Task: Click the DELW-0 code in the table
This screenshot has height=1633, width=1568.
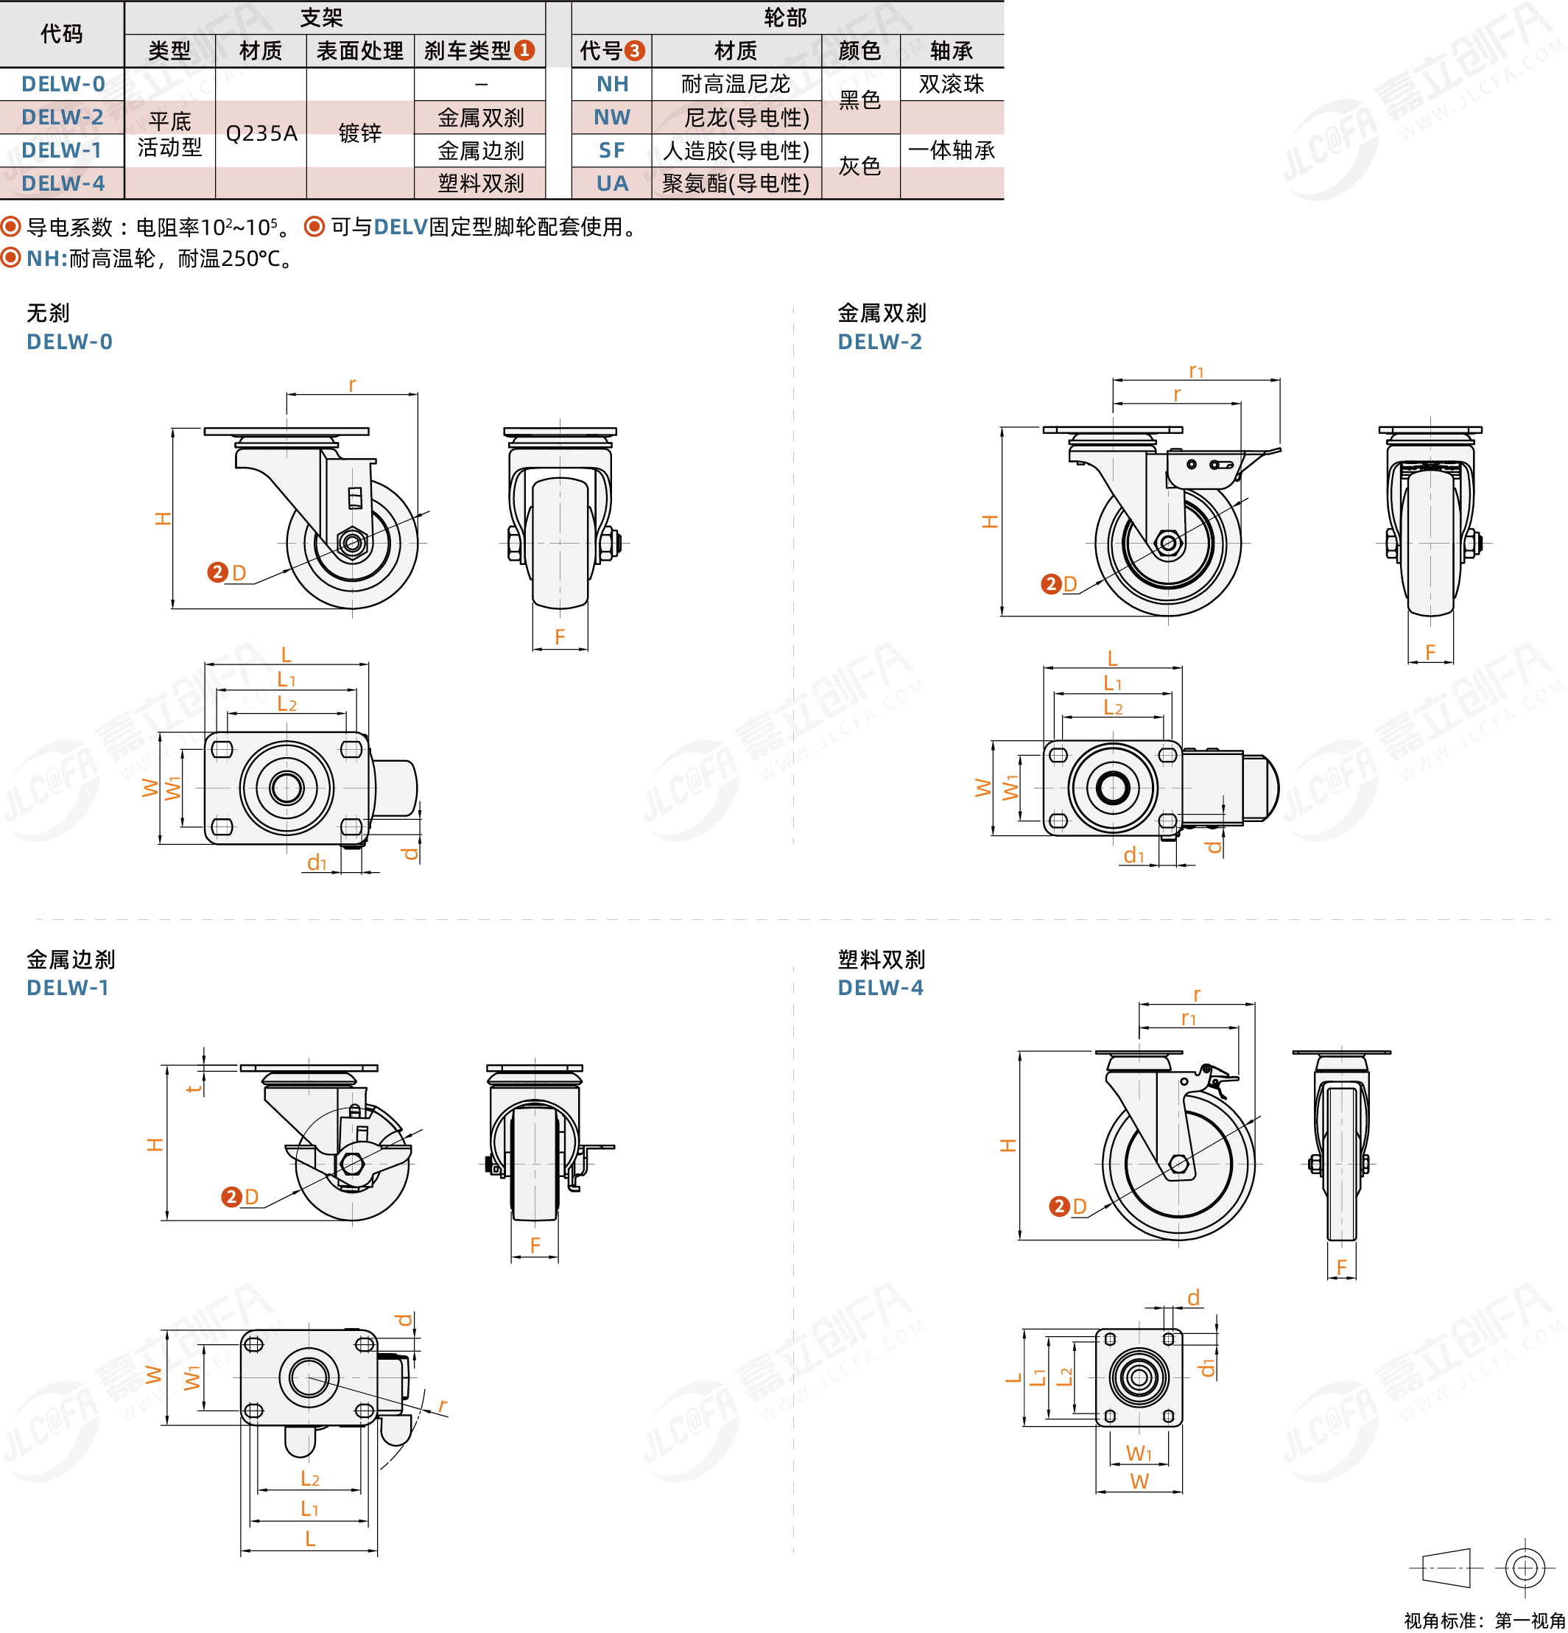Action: (x=63, y=84)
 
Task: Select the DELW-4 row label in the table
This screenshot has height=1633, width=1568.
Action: (x=63, y=183)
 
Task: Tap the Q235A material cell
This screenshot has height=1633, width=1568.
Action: (x=261, y=133)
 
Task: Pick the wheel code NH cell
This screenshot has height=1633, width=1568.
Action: (x=612, y=84)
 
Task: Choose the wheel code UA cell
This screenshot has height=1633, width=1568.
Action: (x=612, y=183)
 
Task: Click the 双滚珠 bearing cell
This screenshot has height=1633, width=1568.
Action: (x=952, y=84)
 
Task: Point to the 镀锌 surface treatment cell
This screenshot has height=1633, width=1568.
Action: (x=360, y=133)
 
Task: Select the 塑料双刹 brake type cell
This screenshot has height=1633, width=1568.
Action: (x=481, y=183)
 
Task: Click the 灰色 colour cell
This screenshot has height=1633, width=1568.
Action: (x=859, y=166)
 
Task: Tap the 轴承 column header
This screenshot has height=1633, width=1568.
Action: (x=952, y=51)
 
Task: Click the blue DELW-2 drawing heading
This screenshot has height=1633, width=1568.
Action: (x=880, y=342)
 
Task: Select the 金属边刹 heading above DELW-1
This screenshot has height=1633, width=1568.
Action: (x=71, y=960)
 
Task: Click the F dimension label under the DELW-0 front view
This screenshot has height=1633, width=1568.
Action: (x=560, y=637)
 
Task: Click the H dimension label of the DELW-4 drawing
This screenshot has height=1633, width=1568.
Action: (x=1008, y=1145)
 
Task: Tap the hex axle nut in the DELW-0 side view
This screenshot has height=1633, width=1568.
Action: (x=351, y=543)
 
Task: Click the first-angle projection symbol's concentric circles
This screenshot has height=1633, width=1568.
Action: (x=1525, y=1568)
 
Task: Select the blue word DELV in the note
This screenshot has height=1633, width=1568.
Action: (x=401, y=227)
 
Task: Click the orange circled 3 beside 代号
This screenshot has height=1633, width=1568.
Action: (x=634, y=51)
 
